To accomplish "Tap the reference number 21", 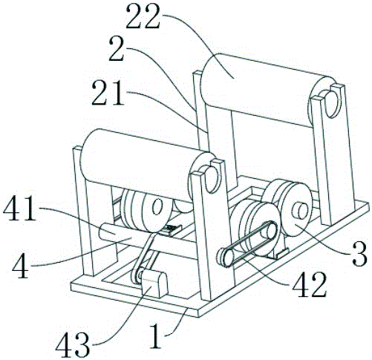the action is click(108, 93).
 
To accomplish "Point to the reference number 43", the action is click(72, 344).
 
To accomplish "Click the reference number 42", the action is click(309, 284).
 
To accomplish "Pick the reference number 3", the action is click(359, 254).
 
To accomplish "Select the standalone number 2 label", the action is click(116, 49).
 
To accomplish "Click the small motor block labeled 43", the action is click(154, 284).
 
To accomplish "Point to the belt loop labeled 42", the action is click(247, 243).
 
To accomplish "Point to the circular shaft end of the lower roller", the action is click(212, 180).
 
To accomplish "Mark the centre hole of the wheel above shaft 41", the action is click(157, 207).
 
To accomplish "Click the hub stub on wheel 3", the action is click(300, 212).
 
